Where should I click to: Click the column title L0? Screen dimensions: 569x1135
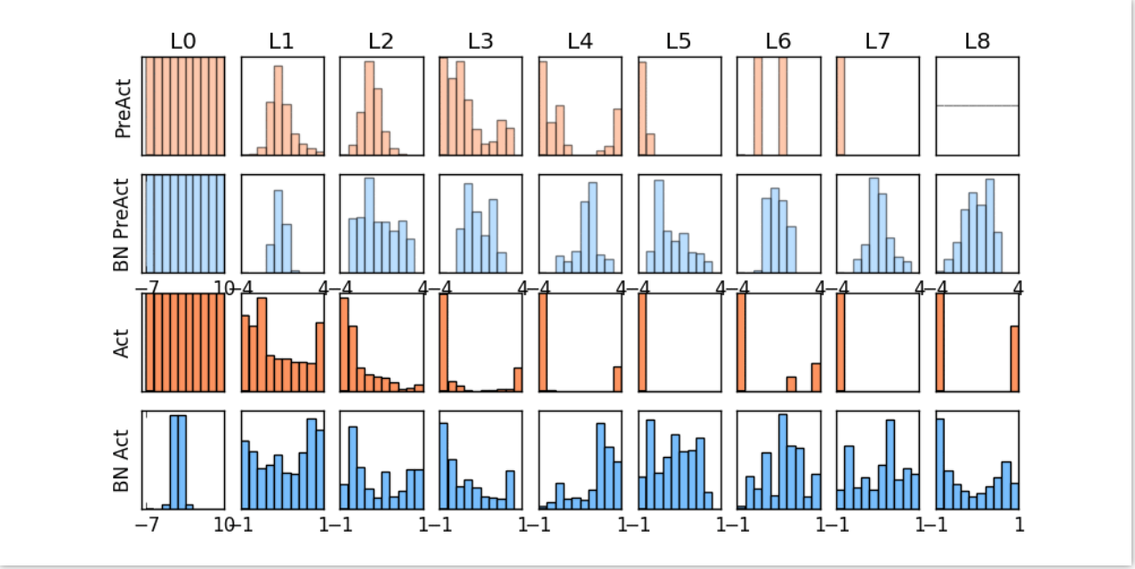point(184,41)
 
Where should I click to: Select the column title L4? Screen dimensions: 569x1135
point(579,41)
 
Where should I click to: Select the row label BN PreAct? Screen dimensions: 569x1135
point(123,225)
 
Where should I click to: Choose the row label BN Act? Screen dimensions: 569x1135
point(123,461)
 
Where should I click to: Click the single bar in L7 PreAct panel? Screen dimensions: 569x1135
point(841,106)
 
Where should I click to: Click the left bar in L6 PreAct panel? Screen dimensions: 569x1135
point(758,106)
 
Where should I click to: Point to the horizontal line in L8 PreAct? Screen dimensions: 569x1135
point(977,106)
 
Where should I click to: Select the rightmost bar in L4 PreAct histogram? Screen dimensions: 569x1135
point(617,132)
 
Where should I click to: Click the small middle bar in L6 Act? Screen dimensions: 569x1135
point(792,384)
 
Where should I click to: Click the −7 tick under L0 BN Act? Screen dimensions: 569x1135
point(147,525)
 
